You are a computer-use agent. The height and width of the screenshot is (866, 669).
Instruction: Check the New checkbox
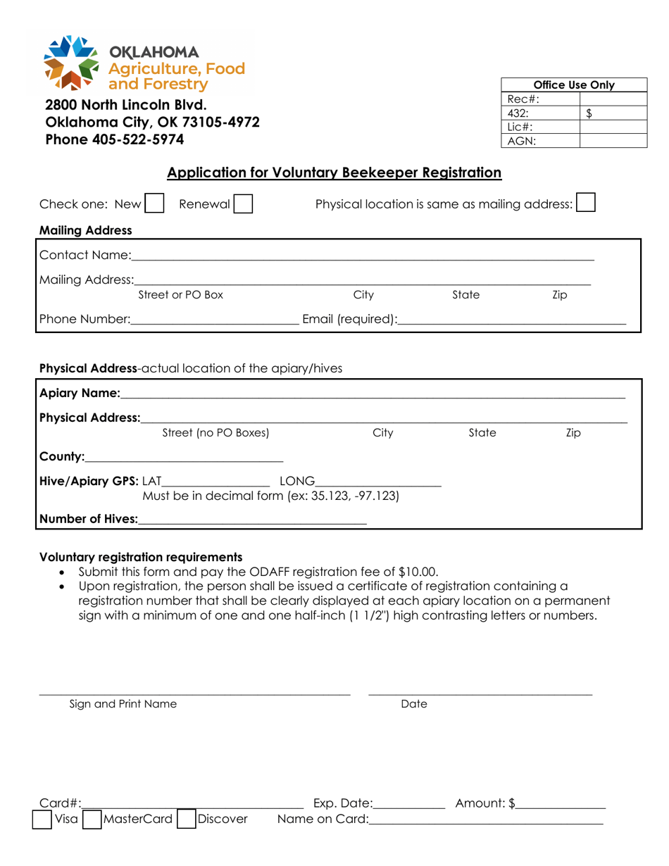[154, 204]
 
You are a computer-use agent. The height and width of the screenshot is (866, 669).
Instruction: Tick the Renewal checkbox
[244, 204]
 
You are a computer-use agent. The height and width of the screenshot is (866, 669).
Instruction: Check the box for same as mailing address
[586, 203]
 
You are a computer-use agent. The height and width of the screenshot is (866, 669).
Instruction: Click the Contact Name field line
[362, 254]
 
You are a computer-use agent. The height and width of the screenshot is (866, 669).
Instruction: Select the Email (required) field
[511, 320]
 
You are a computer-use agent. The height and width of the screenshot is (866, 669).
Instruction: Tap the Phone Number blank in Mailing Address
[214, 320]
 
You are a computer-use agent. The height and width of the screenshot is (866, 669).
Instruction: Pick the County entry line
[183, 456]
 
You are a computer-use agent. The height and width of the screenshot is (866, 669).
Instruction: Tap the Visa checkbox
[43, 820]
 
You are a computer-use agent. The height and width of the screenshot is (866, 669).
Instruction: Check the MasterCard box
[92, 820]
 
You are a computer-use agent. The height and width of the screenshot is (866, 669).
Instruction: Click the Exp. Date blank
[410, 803]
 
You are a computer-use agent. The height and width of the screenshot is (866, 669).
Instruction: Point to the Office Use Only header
[575, 85]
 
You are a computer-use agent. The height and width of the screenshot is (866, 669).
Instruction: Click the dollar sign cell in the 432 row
[612, 113]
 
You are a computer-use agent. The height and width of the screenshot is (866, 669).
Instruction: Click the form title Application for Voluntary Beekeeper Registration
[334, 172]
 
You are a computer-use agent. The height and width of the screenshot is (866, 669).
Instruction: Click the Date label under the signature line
[414, 704]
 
